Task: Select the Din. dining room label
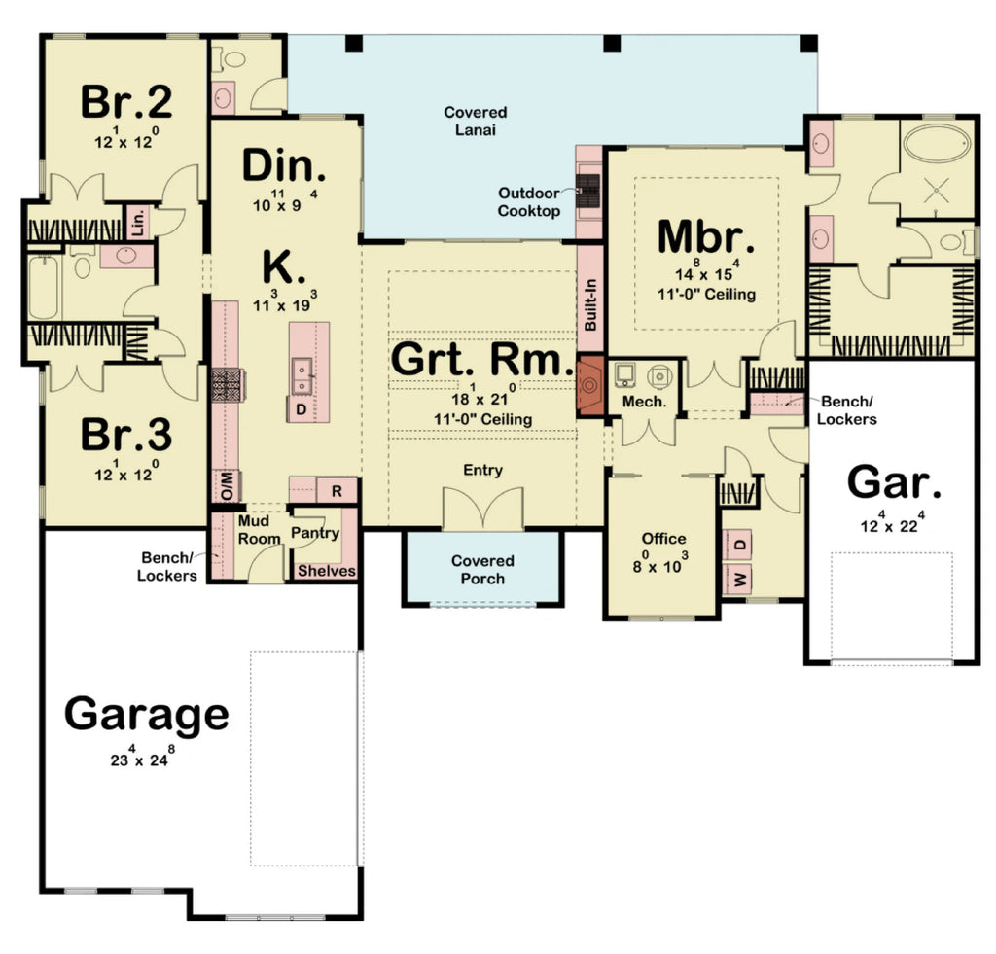click(x=284, y=166)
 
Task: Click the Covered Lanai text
click(x=476, y=121)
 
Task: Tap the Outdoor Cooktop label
click(x=529, y=201)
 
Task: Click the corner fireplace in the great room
click(x=589, y=386)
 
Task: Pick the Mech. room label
click(x=644, y=401)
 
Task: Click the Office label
click(x=663, y=538)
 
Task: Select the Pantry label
click(x=315, y=532)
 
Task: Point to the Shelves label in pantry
click(x=326, y=571)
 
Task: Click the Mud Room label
click(x=254, y=529)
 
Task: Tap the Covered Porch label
click(x=482, y=570)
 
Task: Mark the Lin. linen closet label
click(x=136, y=221)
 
